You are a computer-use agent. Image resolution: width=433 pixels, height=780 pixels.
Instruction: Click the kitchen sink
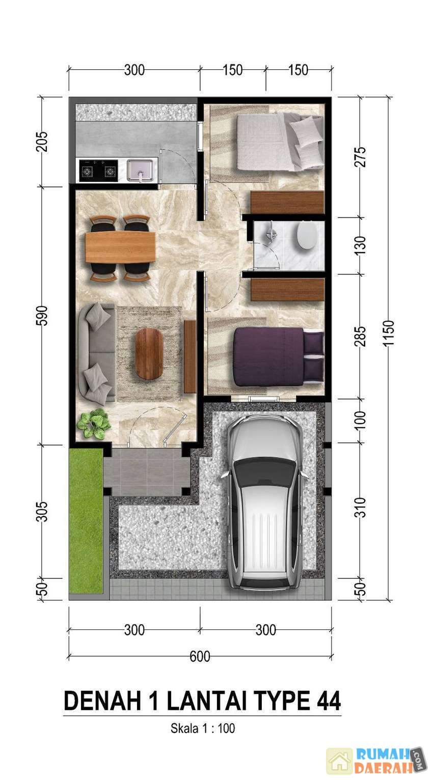(x=140, y=170)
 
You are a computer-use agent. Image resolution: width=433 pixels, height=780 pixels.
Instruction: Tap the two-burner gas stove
(x=98, y=170)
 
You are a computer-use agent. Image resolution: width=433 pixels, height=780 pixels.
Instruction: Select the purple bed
(x=278, y=357)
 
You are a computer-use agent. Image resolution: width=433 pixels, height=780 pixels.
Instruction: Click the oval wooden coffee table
(x=149, y=354)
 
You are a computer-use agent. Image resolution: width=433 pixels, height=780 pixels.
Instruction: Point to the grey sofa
(x=97, y=353)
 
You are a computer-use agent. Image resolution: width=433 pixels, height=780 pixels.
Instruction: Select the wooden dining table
(x=120, y=247)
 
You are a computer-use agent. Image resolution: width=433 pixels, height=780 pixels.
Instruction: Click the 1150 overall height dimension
(x=388, y=333)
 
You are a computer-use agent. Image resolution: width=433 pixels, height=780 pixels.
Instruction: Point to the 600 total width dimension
(x=200, y=656)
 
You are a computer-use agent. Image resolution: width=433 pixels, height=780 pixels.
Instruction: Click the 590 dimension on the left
(x=42, y=316)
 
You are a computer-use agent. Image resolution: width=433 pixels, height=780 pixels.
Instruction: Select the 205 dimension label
(x=42, y=142)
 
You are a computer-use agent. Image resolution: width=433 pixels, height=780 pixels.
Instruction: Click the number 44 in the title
(x=329, y=701)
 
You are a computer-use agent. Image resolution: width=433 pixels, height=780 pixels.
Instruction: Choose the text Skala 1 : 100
(x=203, y=728)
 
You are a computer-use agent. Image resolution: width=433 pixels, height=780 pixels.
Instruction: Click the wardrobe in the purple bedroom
(x=287, y=289)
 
